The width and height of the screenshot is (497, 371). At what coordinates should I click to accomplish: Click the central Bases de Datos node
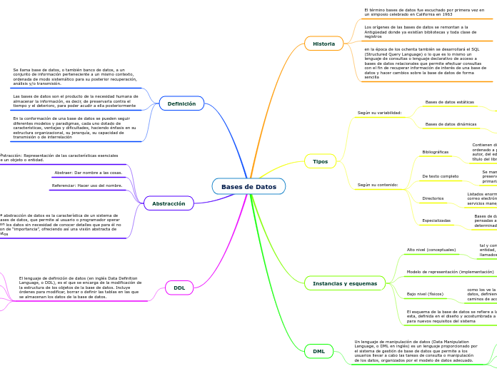point(248,187)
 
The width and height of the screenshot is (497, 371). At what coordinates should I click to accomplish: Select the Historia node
point(323,44)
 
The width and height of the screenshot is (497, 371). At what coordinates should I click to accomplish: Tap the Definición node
point(181,103)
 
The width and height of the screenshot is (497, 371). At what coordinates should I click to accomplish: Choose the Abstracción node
point(169,203)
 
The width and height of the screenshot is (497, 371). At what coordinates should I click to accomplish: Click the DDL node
point(179,288)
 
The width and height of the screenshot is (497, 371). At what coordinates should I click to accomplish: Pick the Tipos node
point(320,161)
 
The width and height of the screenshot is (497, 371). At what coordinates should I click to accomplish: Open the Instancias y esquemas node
point(344,283)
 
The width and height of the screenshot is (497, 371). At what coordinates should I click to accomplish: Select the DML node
point(318,351)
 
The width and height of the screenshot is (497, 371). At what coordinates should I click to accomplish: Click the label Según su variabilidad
point(379,113)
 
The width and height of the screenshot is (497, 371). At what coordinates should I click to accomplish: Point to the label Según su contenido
point(378,185)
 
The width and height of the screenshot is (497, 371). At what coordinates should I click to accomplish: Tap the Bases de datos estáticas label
point(449,102)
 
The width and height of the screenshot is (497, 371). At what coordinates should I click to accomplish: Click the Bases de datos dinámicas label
point(451,124)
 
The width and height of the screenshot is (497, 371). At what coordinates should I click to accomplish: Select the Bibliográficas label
point(436,152)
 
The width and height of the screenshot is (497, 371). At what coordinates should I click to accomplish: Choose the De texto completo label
point(441,176)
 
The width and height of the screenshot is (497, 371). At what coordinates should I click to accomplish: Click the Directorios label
point(433,198)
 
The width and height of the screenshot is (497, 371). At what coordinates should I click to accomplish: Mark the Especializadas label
point(436,220)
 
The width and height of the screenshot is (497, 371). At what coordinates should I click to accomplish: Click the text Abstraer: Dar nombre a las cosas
point(89,173)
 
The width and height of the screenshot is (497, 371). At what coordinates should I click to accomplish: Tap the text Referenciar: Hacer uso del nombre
point(87,185)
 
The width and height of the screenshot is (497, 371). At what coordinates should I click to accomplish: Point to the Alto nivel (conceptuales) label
point(431,250)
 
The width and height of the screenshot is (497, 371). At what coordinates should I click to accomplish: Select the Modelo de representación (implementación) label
point(450,272)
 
